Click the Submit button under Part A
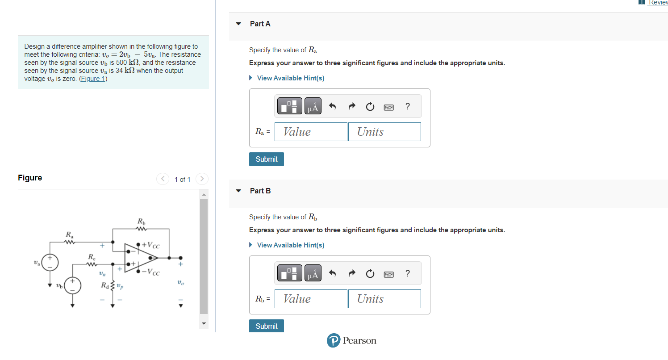coord(266,159)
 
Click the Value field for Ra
coord(311,131)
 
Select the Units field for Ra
coord(384,131)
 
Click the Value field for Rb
coord(311,298)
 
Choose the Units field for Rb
coord(384,298)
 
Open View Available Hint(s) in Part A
coord(290,78)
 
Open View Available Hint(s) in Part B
coord(290,245)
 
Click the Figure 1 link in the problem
coord(93,79)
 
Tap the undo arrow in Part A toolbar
coord(332,106)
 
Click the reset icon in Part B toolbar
coord(370,273)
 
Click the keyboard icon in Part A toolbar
coord(388,107)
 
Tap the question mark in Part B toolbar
coord(408,273)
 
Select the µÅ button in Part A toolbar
coord(313,106)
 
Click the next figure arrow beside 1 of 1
coord(202,179)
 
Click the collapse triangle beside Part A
coord(238,24)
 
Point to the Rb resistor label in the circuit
coord(142,221)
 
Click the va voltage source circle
coord(50,263)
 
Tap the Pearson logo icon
coord(334,340)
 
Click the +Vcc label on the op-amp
coord(150,245)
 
